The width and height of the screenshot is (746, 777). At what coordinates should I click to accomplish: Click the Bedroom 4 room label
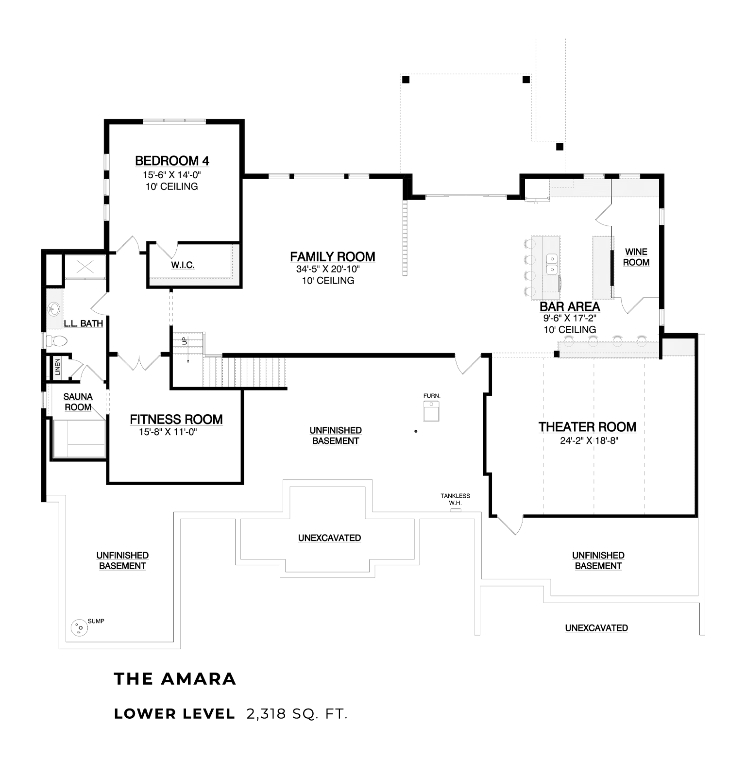(172, 161)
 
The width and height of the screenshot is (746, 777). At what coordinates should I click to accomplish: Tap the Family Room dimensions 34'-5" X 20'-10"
(328, 270)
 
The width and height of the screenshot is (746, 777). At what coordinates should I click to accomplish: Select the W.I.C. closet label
(183, 265)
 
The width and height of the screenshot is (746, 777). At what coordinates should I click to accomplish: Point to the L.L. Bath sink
(53, 308)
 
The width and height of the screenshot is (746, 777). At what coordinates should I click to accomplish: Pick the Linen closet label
(58, 367)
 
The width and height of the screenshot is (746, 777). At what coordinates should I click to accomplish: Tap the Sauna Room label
(78, 402)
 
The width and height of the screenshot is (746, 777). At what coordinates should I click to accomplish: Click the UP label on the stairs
(184, 341)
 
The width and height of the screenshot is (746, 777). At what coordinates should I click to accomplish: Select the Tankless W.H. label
(455, 499)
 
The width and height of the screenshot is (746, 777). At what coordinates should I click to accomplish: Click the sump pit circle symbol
(79, 628)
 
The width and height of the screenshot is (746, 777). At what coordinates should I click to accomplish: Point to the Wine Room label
(636, 257)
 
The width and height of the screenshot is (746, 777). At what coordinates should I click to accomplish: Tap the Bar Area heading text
(570, 307)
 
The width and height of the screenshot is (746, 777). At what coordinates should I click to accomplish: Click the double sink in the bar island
(552, 264)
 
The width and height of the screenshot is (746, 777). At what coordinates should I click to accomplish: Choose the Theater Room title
(587, 427)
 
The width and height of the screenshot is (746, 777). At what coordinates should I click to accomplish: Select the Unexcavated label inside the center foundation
(329, 538)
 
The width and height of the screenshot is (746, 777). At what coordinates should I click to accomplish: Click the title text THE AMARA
(175, 679)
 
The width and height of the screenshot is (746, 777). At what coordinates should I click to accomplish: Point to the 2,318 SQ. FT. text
(297, 714)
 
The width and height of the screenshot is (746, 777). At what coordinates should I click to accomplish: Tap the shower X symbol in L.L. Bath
(85, 266)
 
